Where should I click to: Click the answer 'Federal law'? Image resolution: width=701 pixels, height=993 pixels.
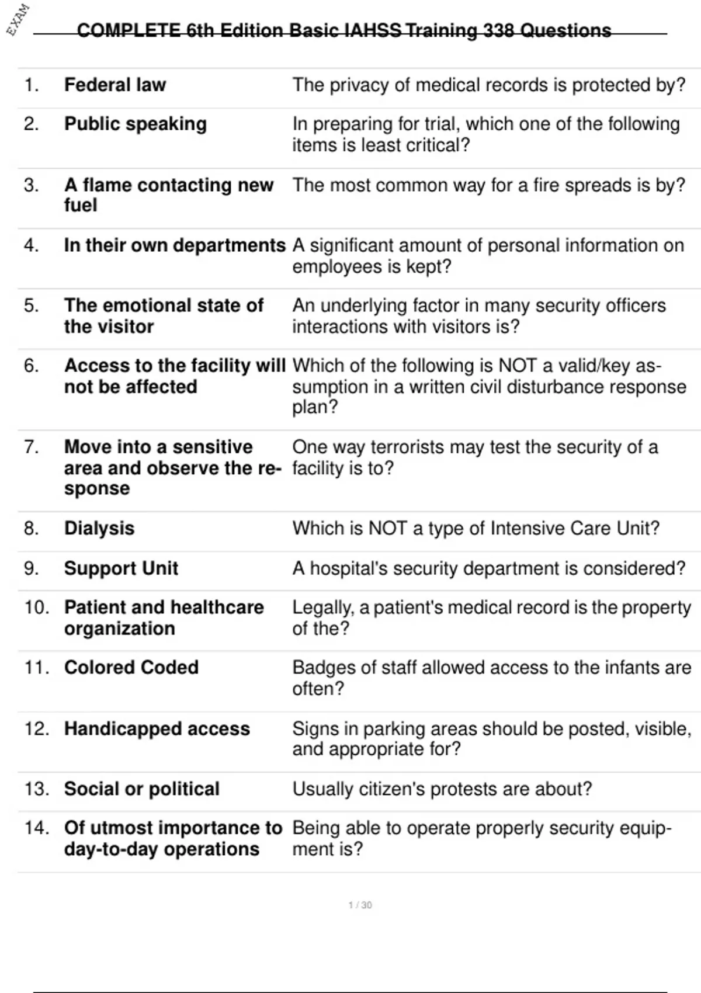point(115,85)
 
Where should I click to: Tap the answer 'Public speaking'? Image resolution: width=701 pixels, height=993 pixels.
point(136,124)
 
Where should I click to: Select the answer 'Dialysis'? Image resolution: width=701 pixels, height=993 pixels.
point(99,529)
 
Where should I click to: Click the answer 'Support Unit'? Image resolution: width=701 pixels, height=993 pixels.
point(121,568)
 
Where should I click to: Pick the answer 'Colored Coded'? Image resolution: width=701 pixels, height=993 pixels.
point(131,668)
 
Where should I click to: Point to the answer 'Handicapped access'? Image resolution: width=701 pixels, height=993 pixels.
point(157,729)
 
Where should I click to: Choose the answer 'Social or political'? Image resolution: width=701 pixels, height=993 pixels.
point(142,789)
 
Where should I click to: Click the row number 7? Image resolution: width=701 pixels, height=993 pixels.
point(32,447)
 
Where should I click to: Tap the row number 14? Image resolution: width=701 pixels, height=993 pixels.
point(36,828)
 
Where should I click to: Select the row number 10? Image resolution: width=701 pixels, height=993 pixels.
point(36,607)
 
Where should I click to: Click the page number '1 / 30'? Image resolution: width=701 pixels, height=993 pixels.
point(360,905)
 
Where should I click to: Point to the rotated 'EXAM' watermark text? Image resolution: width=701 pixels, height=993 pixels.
point(18,19)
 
